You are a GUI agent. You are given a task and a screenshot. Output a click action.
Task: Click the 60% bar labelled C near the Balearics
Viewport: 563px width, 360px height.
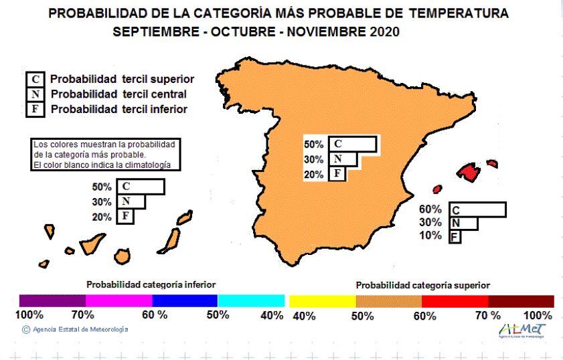477,209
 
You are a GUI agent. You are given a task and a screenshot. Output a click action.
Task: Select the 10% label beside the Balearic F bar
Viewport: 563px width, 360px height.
430,236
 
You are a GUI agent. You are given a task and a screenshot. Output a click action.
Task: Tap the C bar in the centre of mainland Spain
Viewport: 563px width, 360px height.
355,145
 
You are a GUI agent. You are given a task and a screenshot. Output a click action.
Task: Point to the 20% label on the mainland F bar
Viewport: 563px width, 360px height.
314,175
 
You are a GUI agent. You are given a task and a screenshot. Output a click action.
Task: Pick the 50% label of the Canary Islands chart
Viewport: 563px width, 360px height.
102,187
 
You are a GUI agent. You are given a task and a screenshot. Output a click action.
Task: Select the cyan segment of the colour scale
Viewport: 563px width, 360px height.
252,300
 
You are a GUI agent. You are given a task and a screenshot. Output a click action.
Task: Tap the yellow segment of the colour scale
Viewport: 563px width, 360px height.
321,300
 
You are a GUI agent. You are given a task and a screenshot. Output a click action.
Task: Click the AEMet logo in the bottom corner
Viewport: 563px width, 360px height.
522,330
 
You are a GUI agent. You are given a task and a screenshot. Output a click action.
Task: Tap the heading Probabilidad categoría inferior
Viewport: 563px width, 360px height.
151,284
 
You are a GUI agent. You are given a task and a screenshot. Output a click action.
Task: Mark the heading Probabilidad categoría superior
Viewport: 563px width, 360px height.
422,285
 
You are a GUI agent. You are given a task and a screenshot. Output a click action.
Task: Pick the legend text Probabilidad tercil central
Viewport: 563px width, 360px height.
118,94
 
